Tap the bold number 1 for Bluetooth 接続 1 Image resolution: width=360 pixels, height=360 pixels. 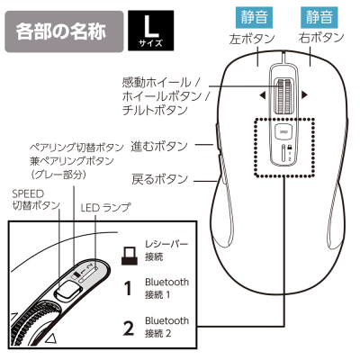(x=128, y=290)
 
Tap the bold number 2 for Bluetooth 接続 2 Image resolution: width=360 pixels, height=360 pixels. (x=128, y=326)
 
